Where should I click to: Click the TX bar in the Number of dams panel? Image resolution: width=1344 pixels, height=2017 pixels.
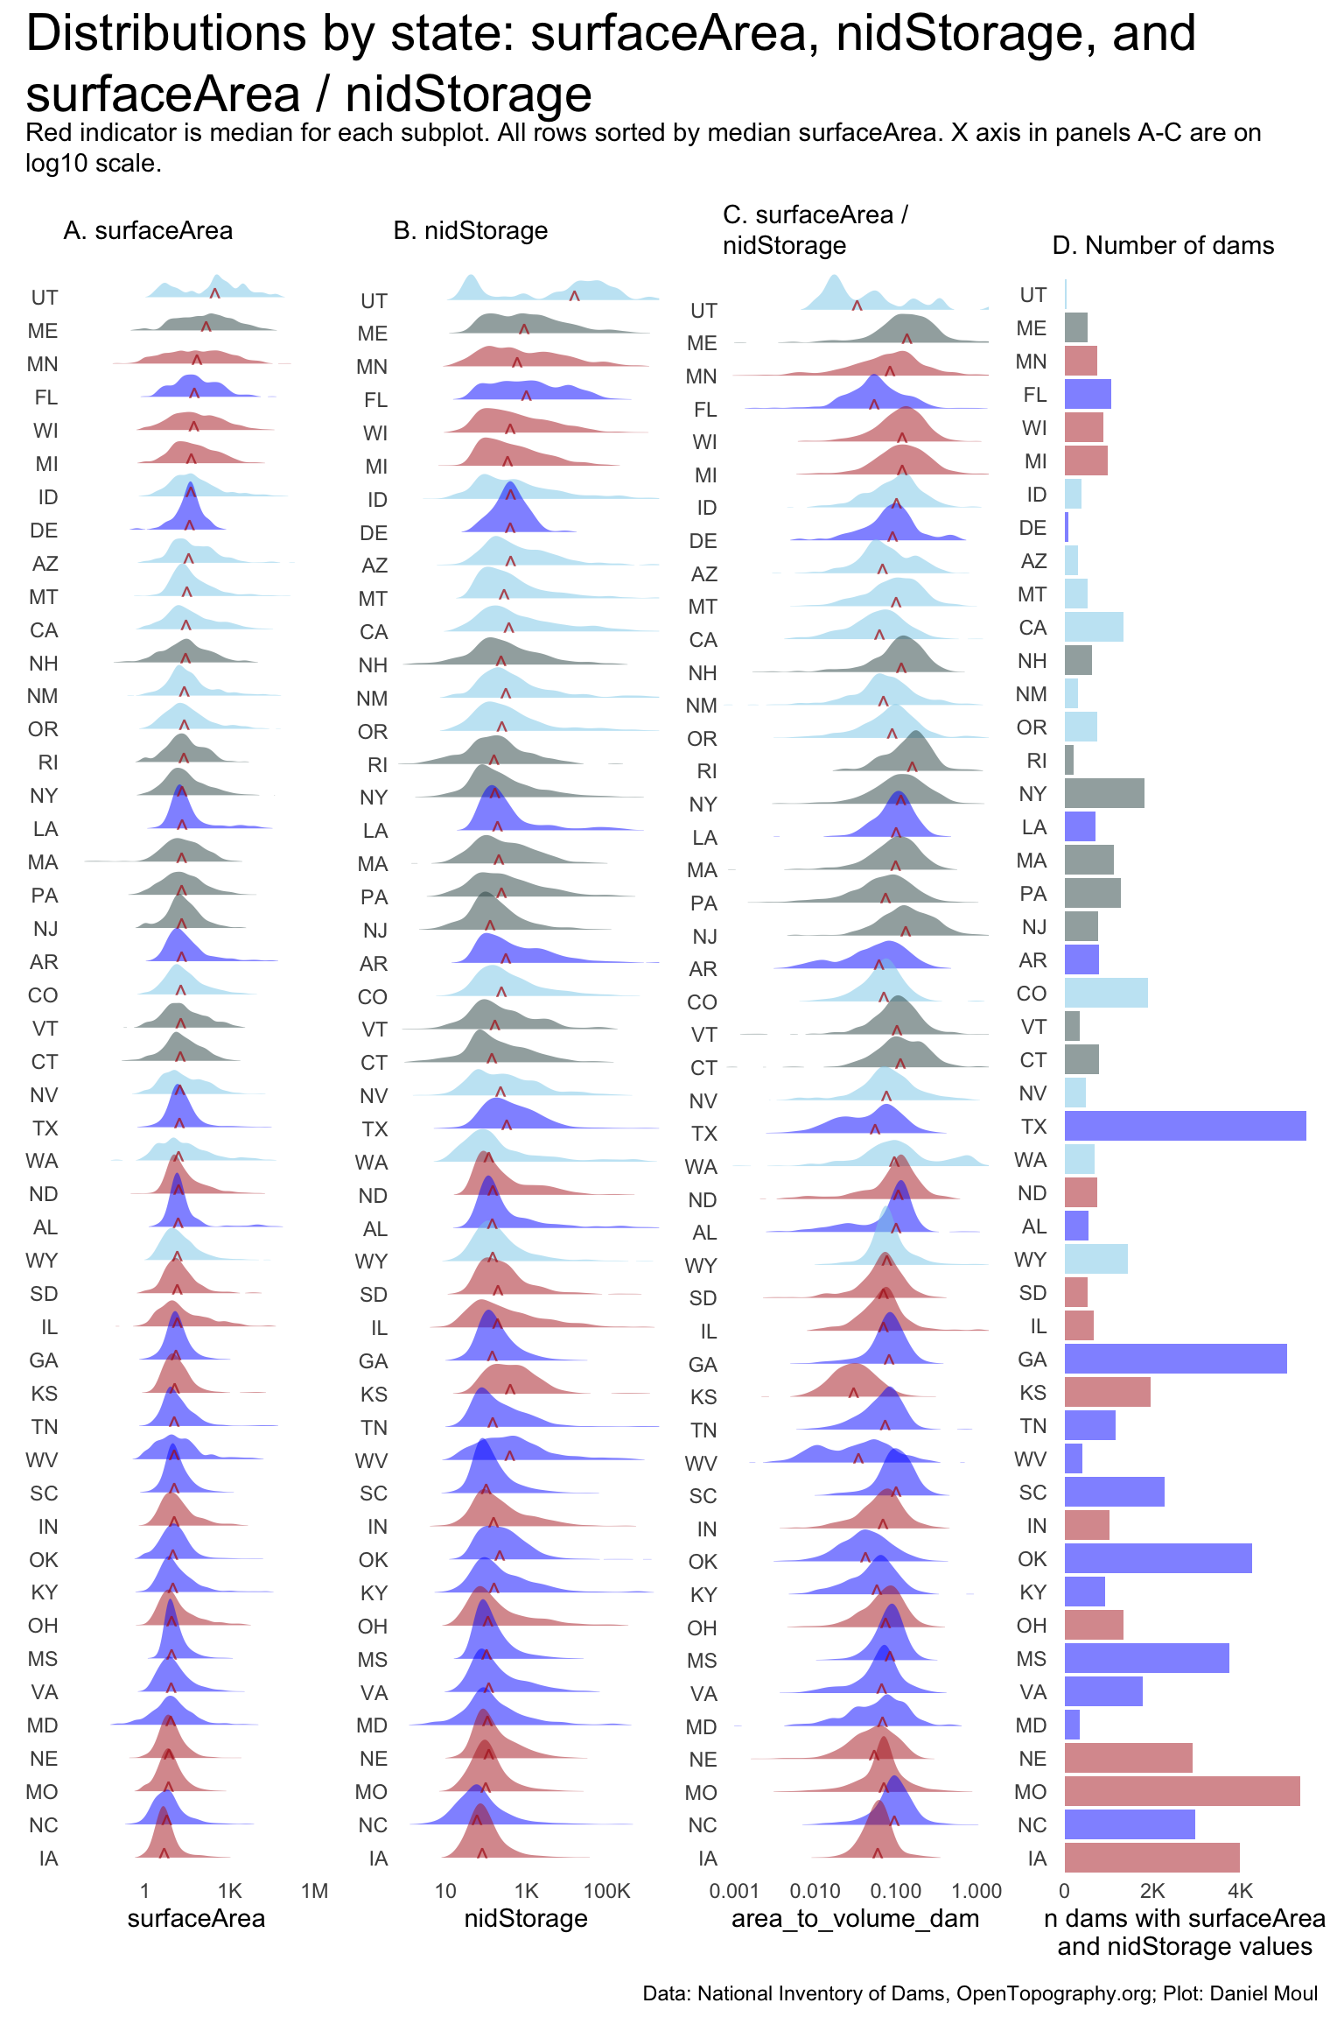click(x=1185, y=1126)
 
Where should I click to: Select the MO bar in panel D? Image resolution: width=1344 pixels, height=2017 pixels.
click(x=1181, y=1791)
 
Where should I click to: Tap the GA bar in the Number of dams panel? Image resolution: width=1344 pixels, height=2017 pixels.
click(x=1175, y=1359)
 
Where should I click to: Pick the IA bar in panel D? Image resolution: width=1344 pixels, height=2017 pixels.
click(x=1151, y=1858)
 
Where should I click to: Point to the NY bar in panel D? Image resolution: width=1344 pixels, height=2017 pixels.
click(x=1104, y=793)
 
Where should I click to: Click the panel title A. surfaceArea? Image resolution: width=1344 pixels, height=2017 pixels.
click(x=148, y=230)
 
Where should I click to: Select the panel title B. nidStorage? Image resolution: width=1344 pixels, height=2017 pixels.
click(x=471, y=230)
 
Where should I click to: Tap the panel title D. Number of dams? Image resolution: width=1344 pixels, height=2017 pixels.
click(x=1163, y=245)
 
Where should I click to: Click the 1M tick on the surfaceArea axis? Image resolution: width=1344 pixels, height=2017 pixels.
click(x=314, y=1891)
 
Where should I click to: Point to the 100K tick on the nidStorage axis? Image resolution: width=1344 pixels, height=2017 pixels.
click(x=606, y=1891)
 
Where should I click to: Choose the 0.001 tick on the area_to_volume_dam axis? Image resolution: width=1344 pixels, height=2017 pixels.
click(x=734, y=1891)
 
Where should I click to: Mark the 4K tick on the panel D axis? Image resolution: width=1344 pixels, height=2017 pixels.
click(x=1240, y=1891)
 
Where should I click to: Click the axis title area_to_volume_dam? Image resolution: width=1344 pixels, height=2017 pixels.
click(x=855, y=1919)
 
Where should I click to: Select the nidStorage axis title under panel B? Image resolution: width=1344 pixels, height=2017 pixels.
click(x=526, y=1919)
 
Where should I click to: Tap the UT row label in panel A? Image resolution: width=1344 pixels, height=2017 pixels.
click(x=45, y=298)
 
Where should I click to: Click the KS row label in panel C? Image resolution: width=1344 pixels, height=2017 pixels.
click(x=703, y=1397)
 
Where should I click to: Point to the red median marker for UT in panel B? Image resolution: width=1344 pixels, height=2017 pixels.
click(x=574, y=296)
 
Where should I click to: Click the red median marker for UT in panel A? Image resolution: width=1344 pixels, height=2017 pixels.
click(x=214, y=292)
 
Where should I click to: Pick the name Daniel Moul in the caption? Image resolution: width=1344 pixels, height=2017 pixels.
click(x=1264, y=1993)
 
